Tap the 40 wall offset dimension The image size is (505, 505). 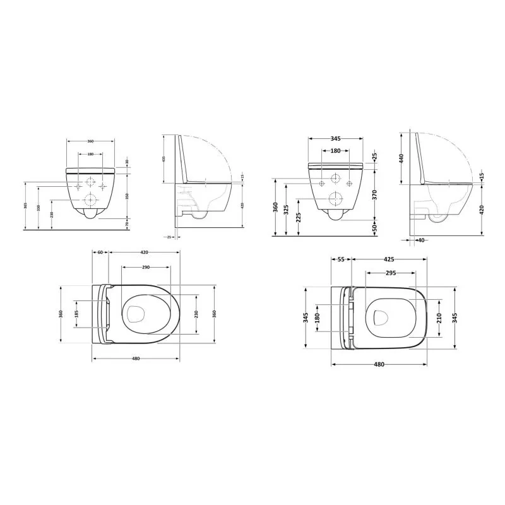click(420, 240)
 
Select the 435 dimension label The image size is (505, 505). click(163, 158)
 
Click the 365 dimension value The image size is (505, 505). click(25, 206)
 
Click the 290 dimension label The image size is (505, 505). click(146, 268)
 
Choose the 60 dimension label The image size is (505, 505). click(100, 252)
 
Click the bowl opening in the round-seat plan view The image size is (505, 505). click(134, 314)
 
